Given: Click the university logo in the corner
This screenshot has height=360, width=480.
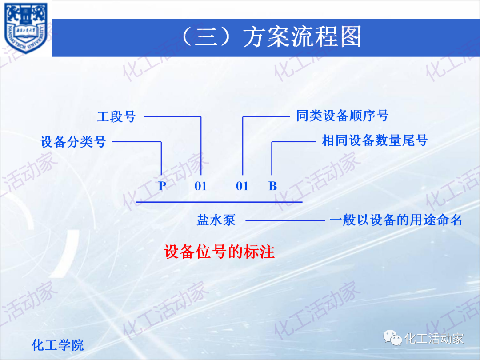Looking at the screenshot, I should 25,28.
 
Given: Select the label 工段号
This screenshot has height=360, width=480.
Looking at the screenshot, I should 116,117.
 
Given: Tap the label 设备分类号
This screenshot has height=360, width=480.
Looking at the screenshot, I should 73,142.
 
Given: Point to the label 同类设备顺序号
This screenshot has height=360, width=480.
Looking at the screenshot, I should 342,116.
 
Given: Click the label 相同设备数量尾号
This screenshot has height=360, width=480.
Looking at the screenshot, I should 374,141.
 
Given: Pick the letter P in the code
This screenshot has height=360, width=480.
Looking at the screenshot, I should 162,186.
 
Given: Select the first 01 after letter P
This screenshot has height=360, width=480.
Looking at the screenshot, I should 200,186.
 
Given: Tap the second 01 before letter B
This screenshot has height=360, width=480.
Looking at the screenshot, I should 242,186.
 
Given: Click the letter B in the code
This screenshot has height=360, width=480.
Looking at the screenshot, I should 272,186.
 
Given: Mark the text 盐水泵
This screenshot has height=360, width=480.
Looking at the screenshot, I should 216,220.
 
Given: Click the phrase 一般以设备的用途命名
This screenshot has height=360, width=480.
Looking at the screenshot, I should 396,220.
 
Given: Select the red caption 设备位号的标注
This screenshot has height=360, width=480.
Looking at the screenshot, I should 220,252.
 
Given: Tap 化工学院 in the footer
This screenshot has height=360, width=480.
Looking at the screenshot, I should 58,345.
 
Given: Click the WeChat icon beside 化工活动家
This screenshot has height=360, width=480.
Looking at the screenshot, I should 393,339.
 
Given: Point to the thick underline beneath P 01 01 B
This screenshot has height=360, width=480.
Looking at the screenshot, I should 219,202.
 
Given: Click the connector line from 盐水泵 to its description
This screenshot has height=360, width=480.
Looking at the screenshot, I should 284,220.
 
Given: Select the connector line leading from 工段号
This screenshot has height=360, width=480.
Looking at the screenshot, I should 173,117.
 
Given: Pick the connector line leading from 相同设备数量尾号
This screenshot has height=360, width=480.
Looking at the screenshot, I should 293,142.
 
